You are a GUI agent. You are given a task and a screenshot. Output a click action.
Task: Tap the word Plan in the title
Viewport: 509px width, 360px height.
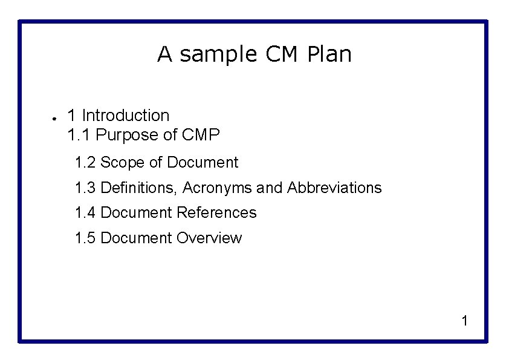click(x=329, y=54)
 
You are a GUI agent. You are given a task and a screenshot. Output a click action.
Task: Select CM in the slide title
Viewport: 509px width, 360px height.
click(x=282, y=54)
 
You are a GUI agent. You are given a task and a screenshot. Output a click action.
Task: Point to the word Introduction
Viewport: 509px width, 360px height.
click(x=125, y=115)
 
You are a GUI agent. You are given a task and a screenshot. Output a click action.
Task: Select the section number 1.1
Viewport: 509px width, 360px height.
click(x=78, y=135)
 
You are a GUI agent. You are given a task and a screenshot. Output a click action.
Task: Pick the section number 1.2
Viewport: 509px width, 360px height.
click(x=85, y=162)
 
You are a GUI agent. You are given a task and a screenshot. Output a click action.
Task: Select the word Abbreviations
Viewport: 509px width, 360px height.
click(x=334, y=188)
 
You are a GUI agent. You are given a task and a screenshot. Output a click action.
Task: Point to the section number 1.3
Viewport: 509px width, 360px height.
click(x=85, y=188)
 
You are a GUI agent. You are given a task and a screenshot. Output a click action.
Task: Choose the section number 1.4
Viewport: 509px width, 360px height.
click(x=85, y=212)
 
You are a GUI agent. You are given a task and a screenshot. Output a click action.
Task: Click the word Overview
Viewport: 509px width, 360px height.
click(x=209, y=238)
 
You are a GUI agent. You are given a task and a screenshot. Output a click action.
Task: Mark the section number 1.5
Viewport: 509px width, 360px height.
click(x=85, y=238)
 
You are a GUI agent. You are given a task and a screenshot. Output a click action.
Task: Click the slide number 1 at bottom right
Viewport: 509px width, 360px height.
click(x=464, y=321)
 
